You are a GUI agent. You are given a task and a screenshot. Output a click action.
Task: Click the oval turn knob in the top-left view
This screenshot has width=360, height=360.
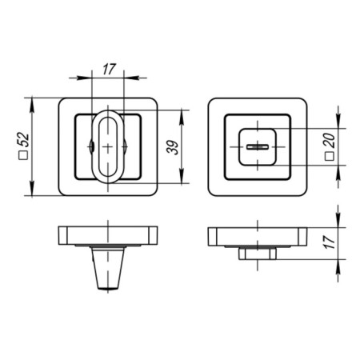tap(106, 146)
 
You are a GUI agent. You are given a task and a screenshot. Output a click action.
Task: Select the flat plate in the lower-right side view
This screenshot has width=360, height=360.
tap(258, 237)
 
